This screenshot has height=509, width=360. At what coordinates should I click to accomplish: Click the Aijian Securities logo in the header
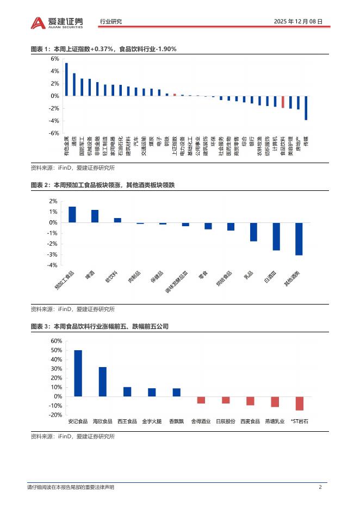click(x=57, y=22)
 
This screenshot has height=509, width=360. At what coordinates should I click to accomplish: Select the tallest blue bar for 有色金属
click(x=66, y=79)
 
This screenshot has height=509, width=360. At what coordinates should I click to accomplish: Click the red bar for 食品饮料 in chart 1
click(x=283, y=102)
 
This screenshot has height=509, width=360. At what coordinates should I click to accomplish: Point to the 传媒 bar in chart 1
click(x=306, y=108)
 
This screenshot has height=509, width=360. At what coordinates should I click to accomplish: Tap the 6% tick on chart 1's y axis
click(x=55, y=59)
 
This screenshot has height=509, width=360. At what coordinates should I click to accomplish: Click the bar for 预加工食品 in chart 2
click(x=72, y=214)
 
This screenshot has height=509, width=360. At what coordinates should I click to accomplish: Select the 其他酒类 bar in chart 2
click(x=299, y=239)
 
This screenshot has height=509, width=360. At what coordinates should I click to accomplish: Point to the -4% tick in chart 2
click(x=53, y=265)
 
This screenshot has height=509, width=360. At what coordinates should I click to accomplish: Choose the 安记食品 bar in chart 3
click(x=78, y=373)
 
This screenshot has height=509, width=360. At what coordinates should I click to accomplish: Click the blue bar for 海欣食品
click(x=102, y=382)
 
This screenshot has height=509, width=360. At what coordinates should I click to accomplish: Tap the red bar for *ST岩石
click(x=300, y=404)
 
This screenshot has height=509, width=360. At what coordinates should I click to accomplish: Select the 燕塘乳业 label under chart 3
click(x=275, y=421)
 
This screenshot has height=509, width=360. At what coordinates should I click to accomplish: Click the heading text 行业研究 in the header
click(x=111, y=22)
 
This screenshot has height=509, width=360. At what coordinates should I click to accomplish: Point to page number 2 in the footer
click(x=320, y=487)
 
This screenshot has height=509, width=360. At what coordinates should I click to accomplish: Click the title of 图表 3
click(x=100, y=326)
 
